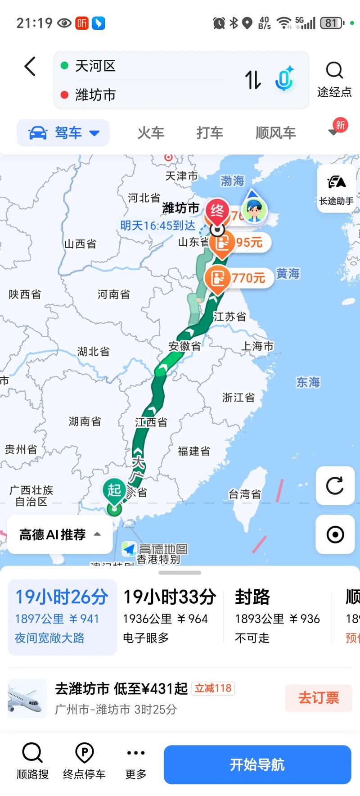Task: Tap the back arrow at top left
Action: [x=30, y=67]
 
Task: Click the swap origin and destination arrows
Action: [x=252, y=80]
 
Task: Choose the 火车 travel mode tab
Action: [x=151, y=133]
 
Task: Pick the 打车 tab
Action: [x=210, y=133]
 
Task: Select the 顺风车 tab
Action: [x=275, y=133]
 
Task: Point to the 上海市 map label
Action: [x=257, y=346]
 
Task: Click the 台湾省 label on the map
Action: [x=244, y=494]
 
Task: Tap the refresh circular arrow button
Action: [x=335, y=486]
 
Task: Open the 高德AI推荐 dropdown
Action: [x=60, y=534]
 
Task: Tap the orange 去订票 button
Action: [x=319, y=698]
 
